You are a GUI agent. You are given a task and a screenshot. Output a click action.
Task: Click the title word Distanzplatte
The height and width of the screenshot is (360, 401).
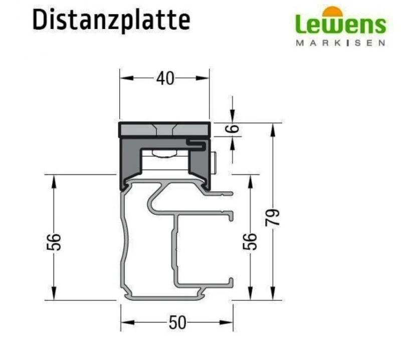click(111, 21)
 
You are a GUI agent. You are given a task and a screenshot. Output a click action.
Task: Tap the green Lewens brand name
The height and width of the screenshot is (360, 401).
click(340, 24)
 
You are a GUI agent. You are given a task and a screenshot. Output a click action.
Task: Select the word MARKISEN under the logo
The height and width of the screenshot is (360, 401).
click(340, 43)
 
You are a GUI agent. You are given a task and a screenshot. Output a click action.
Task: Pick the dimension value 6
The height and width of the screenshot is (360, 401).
click(233, 129)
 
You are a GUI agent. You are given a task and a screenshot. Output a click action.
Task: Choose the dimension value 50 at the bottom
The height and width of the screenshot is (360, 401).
click(177, 323)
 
